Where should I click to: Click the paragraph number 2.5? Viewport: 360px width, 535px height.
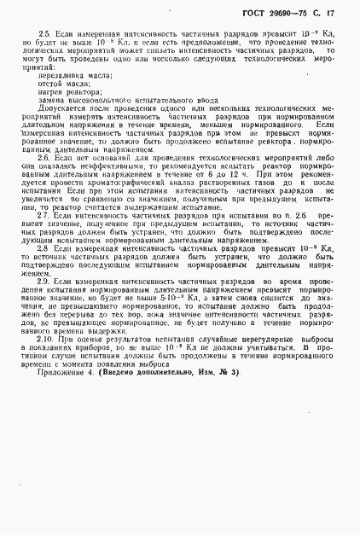click(x=44, y=32)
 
